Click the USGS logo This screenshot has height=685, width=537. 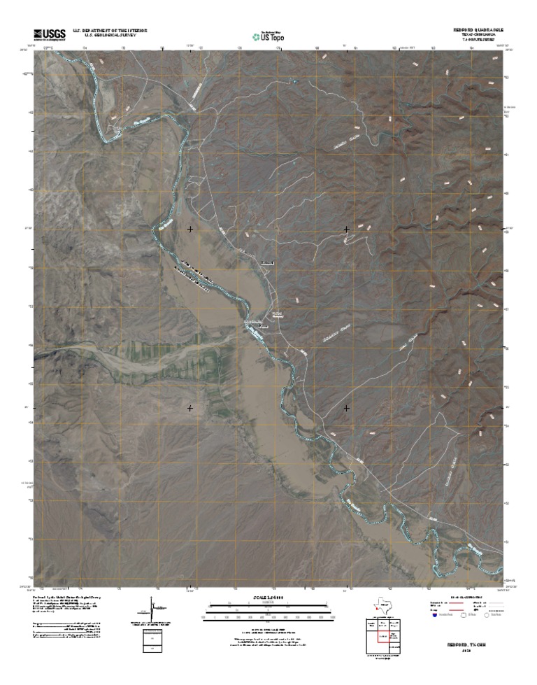[48, 33]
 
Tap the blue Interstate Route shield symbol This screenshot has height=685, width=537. [434, 617]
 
